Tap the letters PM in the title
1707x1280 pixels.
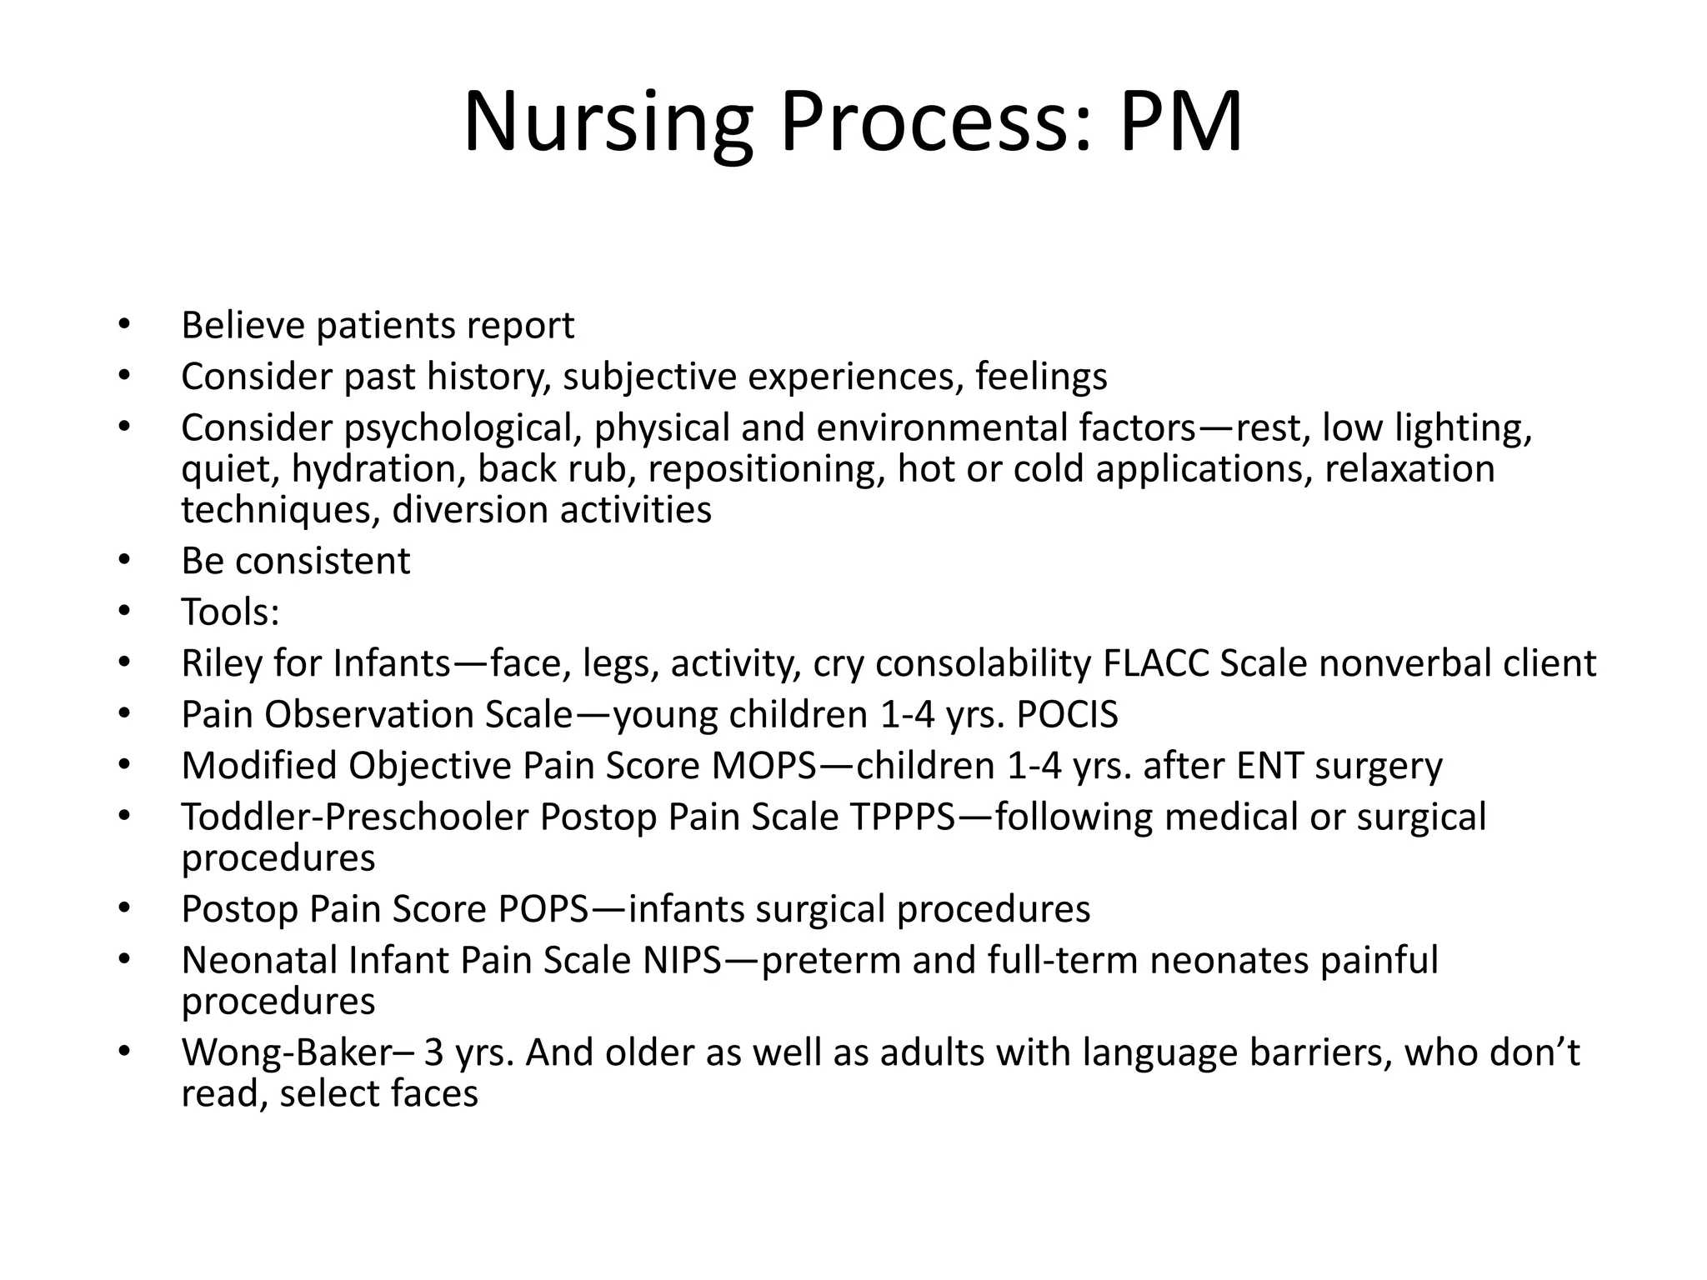(1180, 122)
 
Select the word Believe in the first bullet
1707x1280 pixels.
(243, 325)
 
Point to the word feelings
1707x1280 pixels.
(1041, 377)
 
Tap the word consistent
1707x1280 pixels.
(323, 561)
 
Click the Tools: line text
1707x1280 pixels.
(230, 612)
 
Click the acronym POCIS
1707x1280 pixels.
(1067, 715)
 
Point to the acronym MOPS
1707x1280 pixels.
(764, 766)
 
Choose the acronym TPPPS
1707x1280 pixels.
(903, 817)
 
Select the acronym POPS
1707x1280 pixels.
(543, 909)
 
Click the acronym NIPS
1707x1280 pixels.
(682, 960)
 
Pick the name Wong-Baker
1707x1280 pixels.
(287, 1052)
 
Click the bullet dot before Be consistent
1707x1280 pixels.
(124, 560)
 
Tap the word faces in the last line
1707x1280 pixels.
(438, 1093)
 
